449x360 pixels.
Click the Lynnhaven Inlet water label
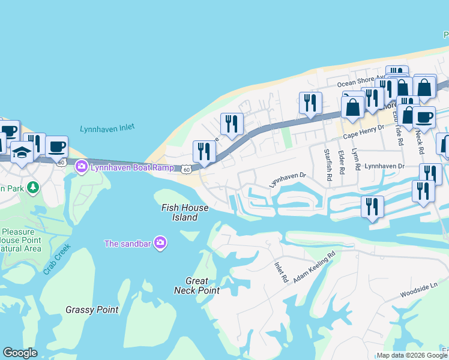point(107,128)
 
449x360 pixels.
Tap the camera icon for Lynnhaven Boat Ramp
point(82,167)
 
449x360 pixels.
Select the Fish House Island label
point(185,212)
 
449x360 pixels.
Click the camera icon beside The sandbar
point(160,243)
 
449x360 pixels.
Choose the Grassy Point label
point(92,310)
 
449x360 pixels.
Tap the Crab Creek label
point(57,259)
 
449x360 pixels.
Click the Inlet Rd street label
point(282,272)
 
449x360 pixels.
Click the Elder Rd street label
point(341,162)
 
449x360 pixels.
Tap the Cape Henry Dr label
point(363,135)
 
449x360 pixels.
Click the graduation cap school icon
point(22,152)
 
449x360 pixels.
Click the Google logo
point(20,353)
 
